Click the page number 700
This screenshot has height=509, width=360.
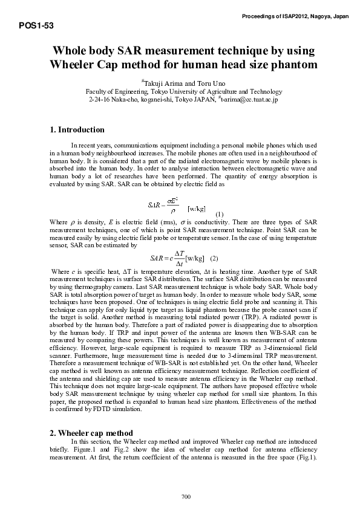coord(186,497)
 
